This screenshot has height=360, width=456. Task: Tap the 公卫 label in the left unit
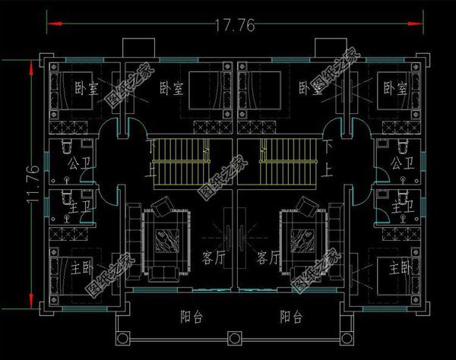78,163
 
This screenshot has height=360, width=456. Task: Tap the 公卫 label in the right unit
401,163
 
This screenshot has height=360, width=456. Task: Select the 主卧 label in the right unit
399,268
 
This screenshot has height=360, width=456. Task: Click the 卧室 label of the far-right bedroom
394,89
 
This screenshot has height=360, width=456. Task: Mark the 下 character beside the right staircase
328,144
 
